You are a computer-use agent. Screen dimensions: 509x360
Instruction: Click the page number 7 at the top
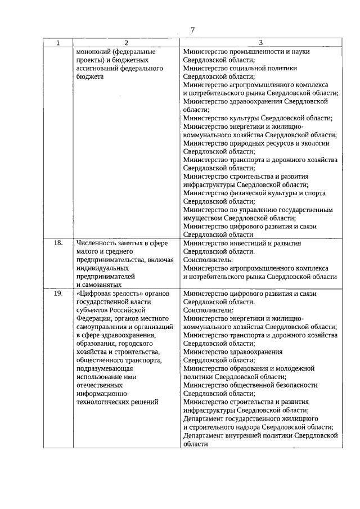(192, 30)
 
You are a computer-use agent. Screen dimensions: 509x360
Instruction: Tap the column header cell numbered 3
(261, 43)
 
